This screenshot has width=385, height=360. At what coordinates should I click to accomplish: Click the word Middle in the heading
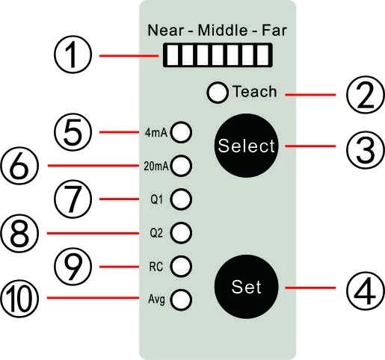point(223,30)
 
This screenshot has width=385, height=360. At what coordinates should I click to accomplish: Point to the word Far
point(274,30)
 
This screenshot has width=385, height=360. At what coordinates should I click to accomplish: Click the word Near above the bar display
point(166,30)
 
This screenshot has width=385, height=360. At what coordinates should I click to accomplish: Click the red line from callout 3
point(310,146)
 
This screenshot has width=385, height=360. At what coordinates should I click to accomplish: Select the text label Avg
point(156,300)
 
